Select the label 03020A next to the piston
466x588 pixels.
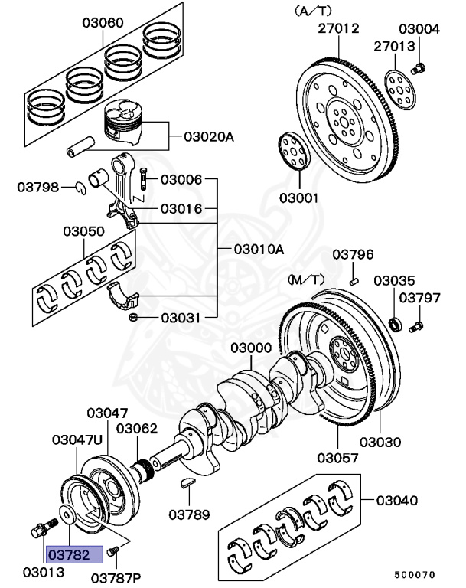point(208,138)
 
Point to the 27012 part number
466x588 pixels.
point(338,29)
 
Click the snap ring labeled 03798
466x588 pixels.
point(80,188)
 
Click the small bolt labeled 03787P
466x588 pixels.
point(113,550)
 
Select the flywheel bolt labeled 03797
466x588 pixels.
point(415,328)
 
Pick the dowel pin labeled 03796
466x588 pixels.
point(354,281)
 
